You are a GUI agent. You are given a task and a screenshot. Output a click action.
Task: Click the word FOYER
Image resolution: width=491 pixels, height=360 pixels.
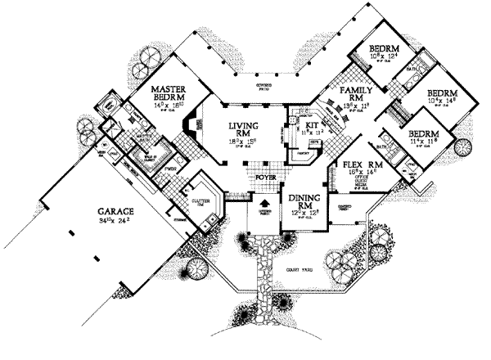click(264, 173)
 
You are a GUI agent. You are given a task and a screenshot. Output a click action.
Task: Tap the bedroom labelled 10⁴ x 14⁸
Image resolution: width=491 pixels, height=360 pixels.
click(442, 98)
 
